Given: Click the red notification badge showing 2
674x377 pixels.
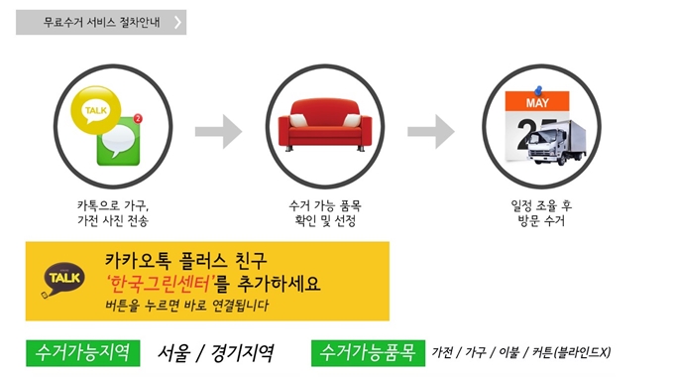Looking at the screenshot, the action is (138, 119).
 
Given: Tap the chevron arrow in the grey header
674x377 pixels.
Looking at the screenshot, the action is (177, 22).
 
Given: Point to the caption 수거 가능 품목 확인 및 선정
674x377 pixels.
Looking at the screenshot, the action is (324, 212).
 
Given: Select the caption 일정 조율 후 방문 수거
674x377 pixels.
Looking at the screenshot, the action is (540, 212).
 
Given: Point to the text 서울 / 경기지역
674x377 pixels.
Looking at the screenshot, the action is (216, 352).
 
